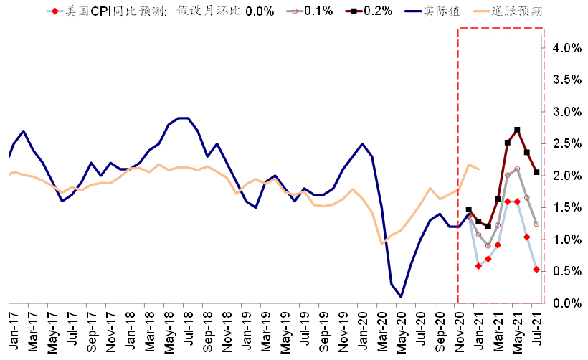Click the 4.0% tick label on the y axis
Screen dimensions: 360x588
tap(566, 48)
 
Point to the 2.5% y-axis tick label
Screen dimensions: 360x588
tap(566, 144)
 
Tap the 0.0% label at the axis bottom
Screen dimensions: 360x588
tap(566, 303)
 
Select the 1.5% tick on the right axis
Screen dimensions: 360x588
tap(566, 208)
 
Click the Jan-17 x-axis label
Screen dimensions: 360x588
tap(11, 328)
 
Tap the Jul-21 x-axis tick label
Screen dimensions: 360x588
tap(536, 328)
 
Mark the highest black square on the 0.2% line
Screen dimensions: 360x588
tap(517, 130)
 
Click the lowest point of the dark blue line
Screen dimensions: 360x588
tap(400, 297)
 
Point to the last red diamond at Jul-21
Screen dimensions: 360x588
tap(536, 270)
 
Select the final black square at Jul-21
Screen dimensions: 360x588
tap(536, 172)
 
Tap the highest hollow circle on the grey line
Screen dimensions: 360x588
tap(517, 169)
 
